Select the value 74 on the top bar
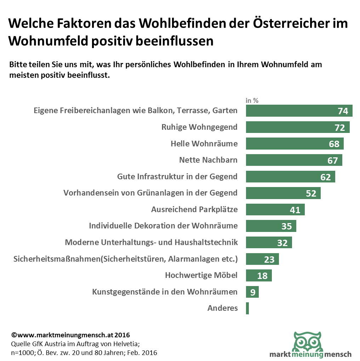point(343,111)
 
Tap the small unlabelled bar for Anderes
point(247,308)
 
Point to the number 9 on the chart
point(253,292)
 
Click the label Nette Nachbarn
point(208,160)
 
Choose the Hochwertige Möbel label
point(201,275)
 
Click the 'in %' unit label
point(252,100)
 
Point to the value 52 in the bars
point(311,193)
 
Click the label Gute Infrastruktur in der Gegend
point(177,176)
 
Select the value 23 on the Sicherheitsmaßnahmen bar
point(269,260)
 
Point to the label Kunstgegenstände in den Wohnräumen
point(165,292)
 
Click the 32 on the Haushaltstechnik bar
point(282,243)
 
